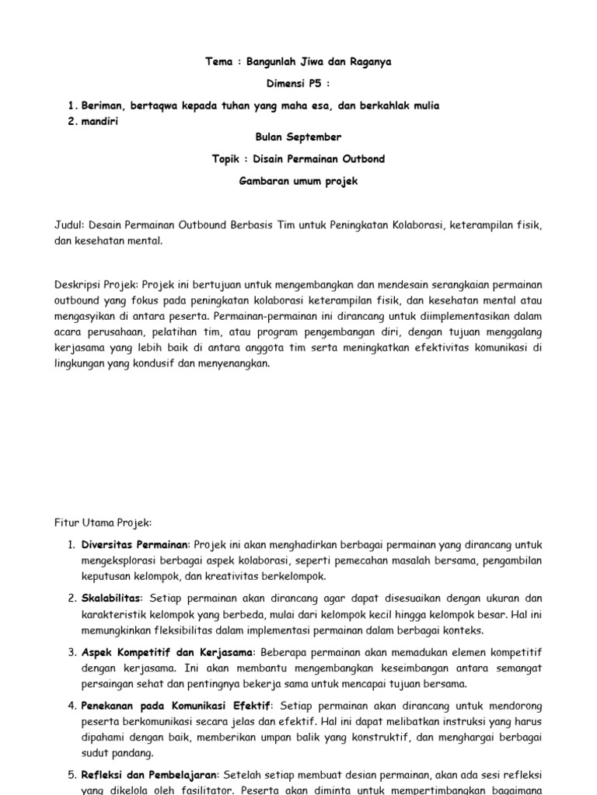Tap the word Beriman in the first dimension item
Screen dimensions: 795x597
click(x=103, y=106)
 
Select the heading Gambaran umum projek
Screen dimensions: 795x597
click(x=298, y=181)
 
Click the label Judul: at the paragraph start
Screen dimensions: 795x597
click(x=68, y=225)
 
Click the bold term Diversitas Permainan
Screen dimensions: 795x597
click(x=135, y=545)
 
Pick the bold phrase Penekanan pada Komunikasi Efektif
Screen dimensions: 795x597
click(x=176, y=706)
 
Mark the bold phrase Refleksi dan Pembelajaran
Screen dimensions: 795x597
click(x=152, y=775)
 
